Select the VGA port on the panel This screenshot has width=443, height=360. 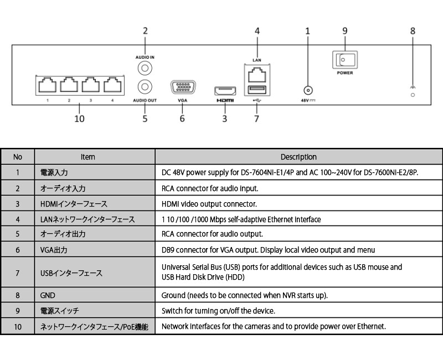(182, 89)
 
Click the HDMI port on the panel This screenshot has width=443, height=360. (225, 91)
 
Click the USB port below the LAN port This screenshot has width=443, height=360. (256, 91)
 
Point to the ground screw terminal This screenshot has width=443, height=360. (413, 95)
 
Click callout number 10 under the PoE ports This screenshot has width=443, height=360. (79, 118)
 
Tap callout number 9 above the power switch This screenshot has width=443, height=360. (344, 31)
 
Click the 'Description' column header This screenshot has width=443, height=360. (298, 157)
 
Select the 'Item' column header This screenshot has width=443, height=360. (88, 157)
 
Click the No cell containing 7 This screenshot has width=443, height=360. (18, 272)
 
